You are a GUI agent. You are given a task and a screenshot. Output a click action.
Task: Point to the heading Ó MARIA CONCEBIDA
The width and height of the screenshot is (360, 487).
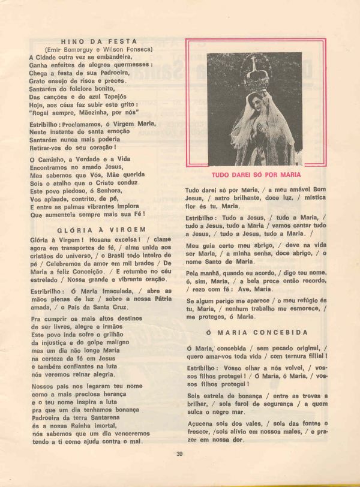click(x=257, y=332)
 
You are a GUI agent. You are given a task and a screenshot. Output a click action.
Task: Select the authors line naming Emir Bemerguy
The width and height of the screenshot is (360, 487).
click(x=98, y=49)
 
